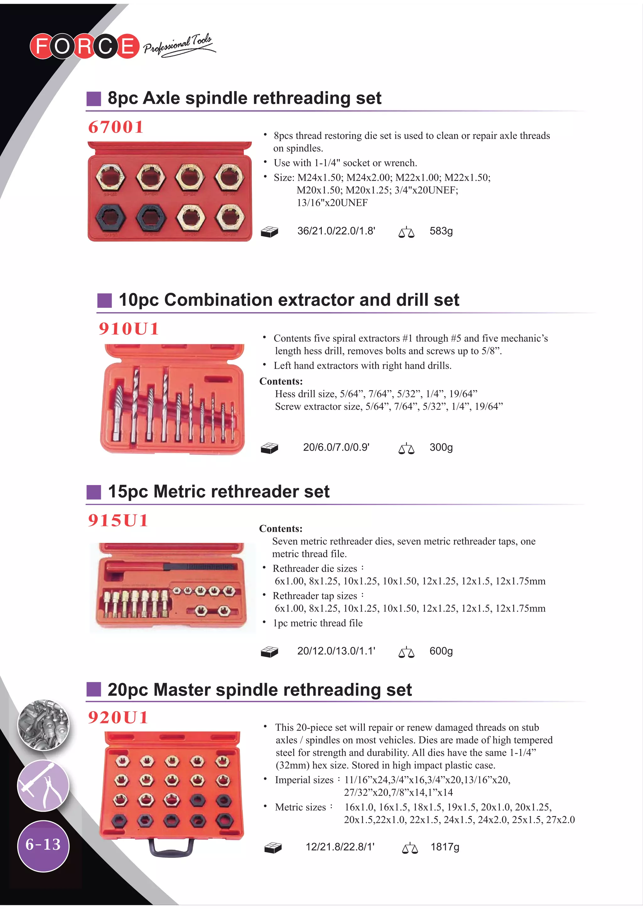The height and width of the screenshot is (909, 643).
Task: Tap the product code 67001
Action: pyautogui.click(x=116, y=127)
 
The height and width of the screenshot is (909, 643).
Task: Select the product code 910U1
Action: pyautogui.click(x=129, y=329)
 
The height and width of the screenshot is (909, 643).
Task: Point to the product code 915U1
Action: pyautogui.click(x=118, y=520)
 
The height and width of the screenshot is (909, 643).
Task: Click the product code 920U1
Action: pyautogui.click(x=118, y=717)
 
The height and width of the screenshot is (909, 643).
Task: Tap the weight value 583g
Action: pyautogui.click(x=441, y=231)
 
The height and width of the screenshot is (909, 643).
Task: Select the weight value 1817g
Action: pyautogui.click(x=445, y=847)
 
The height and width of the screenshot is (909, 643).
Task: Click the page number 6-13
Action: pyautogui.click(x=43, y=844)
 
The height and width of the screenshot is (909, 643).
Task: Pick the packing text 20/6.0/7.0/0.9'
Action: pyautogui.click(x=336, y=447)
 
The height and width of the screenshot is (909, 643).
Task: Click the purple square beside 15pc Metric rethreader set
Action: pyautogui.click(x=94, y=492)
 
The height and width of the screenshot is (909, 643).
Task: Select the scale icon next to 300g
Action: pyautogui.click(x=406, y=449)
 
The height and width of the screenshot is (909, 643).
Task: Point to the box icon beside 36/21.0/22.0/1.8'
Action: pyautogui.click(x=269, y=232)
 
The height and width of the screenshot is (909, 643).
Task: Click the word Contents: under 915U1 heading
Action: pyautogui.click(x=280, y=528)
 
